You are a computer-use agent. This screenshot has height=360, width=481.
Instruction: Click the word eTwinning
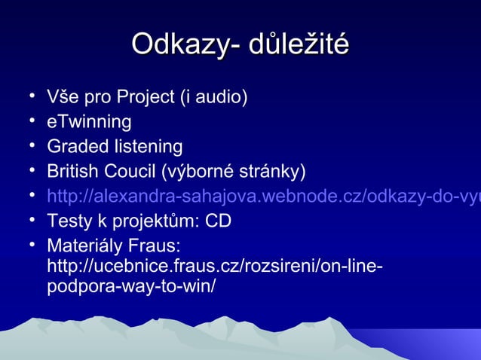coord(89,122)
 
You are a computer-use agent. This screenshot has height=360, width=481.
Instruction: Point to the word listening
coord(148,146)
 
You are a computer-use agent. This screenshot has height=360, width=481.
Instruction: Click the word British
coord(74,171)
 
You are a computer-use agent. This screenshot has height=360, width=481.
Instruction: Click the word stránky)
coord(276,171)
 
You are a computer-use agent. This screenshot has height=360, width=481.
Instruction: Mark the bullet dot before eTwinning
coord(35,121)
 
